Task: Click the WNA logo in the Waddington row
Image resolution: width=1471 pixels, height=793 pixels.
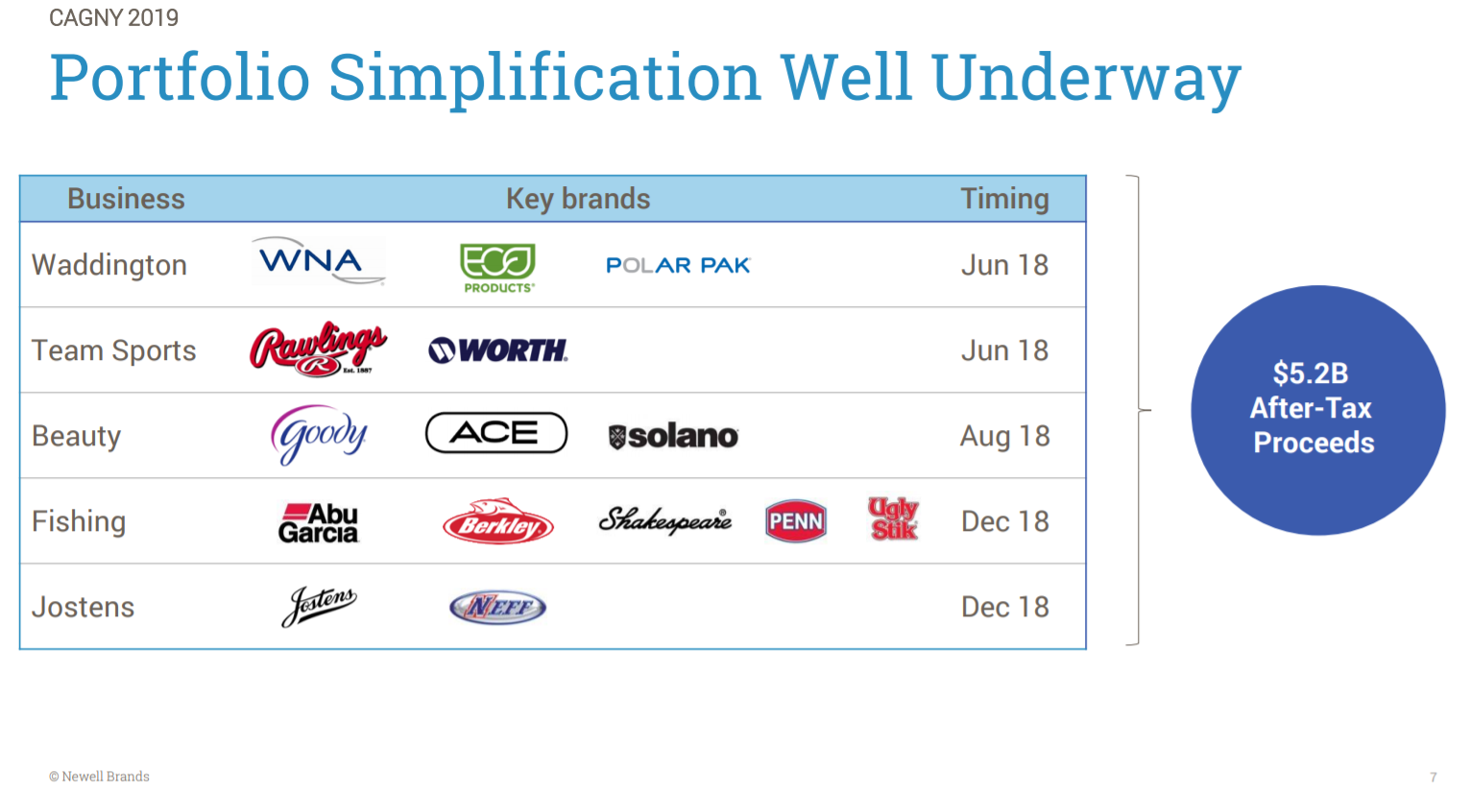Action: [x=318, y=261]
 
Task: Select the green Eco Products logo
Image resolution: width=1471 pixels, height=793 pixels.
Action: [x=497, y=267]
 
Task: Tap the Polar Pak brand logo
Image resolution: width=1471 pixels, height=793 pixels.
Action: [x=677, y=265]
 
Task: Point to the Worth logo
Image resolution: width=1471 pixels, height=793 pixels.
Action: [x=497, y=350]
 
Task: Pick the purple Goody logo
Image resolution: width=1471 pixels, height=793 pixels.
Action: [x=319, y=435]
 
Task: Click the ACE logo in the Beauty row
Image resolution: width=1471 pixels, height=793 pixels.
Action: [x=496, y=433]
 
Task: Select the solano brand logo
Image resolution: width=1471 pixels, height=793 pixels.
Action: [x=673, y=437]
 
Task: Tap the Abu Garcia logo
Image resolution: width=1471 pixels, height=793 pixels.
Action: [x=318, y=523]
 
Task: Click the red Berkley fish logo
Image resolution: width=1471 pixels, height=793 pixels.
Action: [x=497, y=521]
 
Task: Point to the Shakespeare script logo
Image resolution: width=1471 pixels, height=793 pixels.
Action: [x=664, y=520]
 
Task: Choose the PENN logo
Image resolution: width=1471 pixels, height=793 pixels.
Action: [x=795, y=521]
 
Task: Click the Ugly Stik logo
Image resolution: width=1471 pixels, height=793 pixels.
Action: [x=893, y=518]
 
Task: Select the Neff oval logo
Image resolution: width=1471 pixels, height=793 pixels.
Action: [x=497, y=607]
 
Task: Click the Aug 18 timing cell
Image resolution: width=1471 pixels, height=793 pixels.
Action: [x=1004, y=436]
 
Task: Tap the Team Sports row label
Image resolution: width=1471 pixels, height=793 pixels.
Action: [x=113, y=350]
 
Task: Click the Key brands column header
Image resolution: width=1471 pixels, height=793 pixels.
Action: [x=578, y=199]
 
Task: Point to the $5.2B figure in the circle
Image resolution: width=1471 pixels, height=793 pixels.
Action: [x=1311, y=373]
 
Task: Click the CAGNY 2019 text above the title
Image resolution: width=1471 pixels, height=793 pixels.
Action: [x=113, y=17]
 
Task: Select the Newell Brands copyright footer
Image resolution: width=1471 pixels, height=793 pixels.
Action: [x=100, y=776]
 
